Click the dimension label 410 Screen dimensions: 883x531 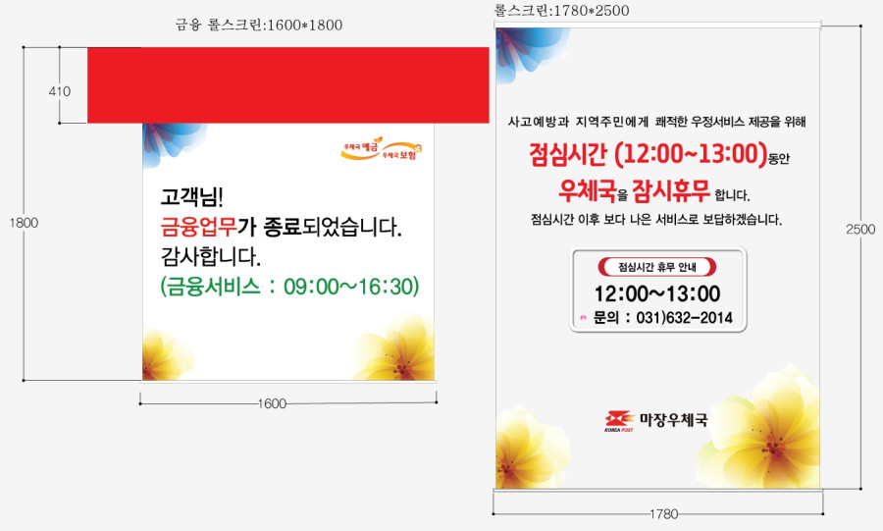(60, 91)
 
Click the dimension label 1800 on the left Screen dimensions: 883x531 (24, 223)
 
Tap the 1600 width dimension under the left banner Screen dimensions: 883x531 (272, 403)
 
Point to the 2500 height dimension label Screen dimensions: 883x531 (860, 229)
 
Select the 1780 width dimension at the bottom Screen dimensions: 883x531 (663, 514)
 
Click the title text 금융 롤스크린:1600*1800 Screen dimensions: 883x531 (258, 25)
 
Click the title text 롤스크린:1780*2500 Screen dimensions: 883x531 (561, 10)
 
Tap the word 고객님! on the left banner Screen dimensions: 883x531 (192, 197)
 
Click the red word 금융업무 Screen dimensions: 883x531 (198, 227)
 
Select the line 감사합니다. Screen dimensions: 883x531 (211, 257)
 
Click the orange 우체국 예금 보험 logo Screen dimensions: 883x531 (382, 149)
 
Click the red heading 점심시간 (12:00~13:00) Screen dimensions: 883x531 (649, 154)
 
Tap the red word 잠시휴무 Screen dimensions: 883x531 (671, 190)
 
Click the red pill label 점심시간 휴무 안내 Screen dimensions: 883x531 (657, 267)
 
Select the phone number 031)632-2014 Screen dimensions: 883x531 (684, 318)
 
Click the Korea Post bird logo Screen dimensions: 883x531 (619, 421)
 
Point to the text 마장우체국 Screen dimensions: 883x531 (673, 419)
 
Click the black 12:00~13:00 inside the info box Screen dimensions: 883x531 (657, 293)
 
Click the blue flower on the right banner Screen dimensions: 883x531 (530, 52)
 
